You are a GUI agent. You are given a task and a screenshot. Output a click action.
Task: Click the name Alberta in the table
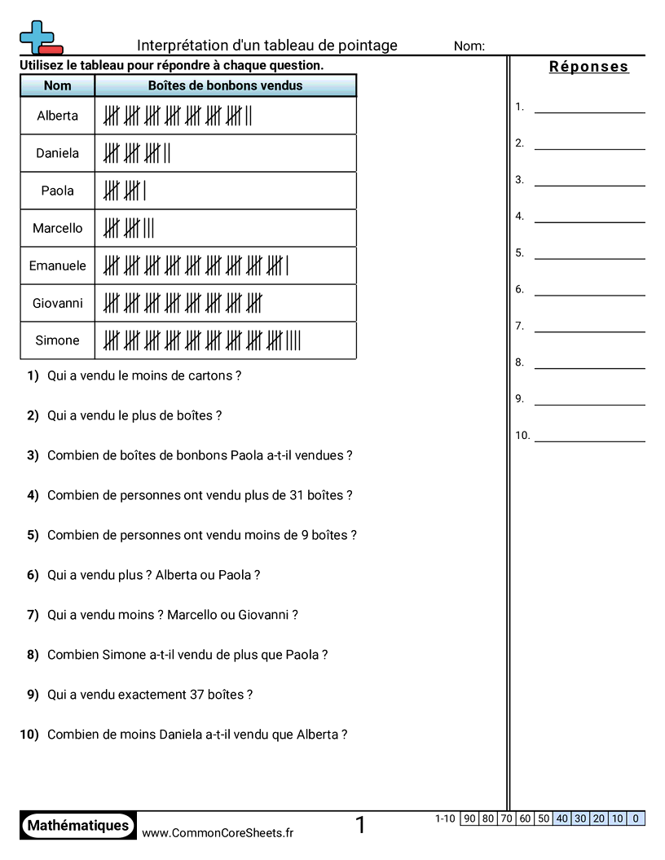(x=57, y=116)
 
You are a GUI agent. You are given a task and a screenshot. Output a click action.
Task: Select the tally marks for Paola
(x=125, y=191)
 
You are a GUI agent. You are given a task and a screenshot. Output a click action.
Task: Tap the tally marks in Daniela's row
(x=137, y=153)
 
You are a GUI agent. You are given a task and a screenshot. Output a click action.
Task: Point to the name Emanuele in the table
(x=57, y=265)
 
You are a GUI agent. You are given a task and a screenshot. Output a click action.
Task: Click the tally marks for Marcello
(x=129, y=228)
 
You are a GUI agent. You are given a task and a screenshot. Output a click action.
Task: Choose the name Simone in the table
(x=57, y=340)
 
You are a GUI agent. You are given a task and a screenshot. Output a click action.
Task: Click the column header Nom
(x=57, y=86)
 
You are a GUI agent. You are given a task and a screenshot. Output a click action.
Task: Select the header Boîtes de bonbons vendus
(x=225, y=86)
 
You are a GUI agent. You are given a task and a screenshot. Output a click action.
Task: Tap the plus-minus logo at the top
(x=40, y=37)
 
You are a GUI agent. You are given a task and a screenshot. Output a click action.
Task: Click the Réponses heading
(x=588, y=67)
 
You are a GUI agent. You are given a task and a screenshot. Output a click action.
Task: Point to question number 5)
(x=33, y=535)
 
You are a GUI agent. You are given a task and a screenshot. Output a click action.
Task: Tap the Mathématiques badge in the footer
(x=78, y=825)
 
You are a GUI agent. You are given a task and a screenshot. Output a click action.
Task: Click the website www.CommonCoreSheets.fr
(x=218, y=832)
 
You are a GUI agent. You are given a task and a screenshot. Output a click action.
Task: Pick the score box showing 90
(x=469, y=818)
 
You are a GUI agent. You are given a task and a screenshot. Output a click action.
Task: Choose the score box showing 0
(x=636, y=818)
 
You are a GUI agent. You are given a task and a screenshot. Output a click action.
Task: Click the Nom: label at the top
(x=469, y=46)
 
